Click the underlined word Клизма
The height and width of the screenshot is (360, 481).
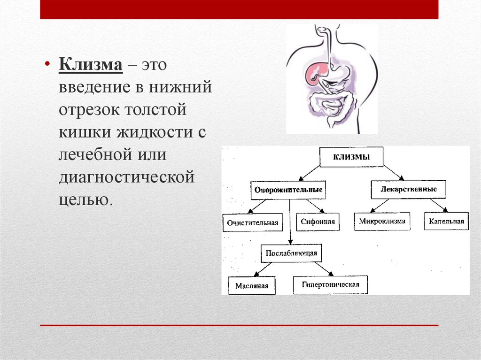[90, 64]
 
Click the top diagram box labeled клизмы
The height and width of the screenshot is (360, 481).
[351, 157]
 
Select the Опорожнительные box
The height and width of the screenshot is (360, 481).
[288, 190]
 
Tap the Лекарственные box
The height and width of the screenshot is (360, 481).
[408, 189]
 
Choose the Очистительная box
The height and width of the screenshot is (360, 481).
[253, 222]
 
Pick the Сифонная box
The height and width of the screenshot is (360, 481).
[318, 222]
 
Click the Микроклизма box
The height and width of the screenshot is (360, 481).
[382, 221]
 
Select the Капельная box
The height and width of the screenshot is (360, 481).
[446, 221]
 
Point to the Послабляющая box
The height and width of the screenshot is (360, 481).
[291, 253]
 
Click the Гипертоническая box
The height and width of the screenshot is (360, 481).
[330, 284]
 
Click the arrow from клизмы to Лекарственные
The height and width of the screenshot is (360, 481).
[391, 173]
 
